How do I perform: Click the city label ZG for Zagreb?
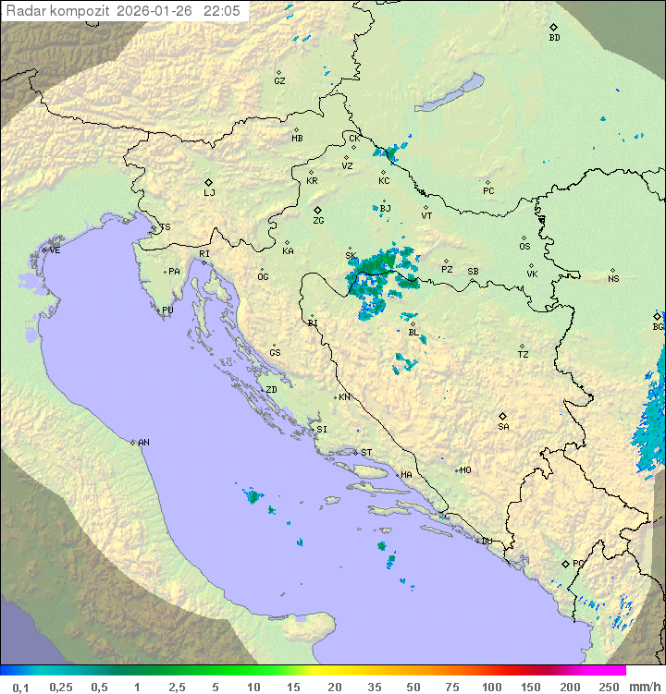[318, 221]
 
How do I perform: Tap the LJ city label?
[209, 193]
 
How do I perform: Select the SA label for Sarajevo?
[503, 427]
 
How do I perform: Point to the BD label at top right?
[554, 38]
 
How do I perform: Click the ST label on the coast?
[366, 453]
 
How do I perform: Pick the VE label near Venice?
[55, 250]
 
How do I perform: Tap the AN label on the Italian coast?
[143, 443]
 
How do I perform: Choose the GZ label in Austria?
[279, 81]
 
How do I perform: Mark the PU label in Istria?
[167, 310]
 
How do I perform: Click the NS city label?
[613, 279]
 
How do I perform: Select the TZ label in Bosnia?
[524, 355]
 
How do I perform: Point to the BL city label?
[413, 333]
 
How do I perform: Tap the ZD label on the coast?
[271, 390]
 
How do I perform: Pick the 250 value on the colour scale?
[609, 687]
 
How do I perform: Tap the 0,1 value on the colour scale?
[20, 687]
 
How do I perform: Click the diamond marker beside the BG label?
[657, 316]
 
